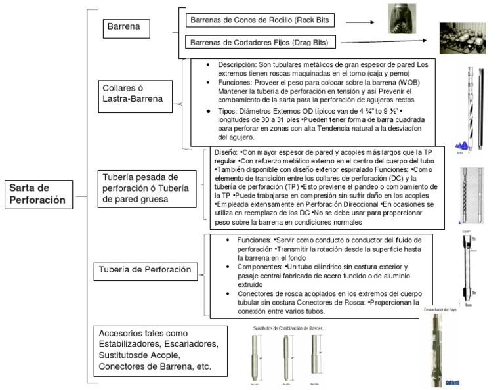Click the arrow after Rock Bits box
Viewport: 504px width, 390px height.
click(359, 22)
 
